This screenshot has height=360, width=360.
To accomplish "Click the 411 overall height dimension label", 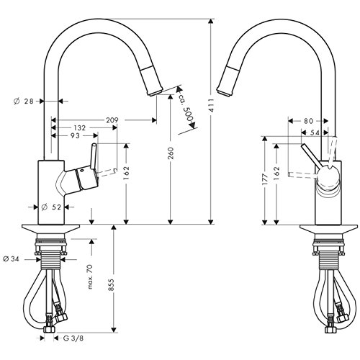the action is (x=212, y=105).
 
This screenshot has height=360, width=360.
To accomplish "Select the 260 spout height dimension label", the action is (x=170, y=153).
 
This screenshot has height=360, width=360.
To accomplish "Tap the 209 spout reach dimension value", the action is (x=112, y=120).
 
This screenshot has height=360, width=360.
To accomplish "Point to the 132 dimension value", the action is (x=79, y=128).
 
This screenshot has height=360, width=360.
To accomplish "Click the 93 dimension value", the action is (x=75, y=136).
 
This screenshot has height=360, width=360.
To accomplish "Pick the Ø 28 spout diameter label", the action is (x=24, y=102).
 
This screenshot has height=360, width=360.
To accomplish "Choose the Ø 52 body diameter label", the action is (x=51, y=207).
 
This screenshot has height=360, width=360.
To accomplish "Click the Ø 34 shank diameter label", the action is (x=11, y=259).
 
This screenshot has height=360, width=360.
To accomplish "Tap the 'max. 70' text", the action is (x=90, y=276).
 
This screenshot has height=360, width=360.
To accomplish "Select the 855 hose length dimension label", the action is (x=111, y=285).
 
